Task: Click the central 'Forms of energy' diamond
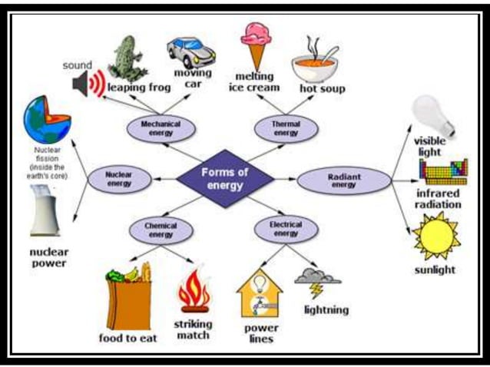[224, 178]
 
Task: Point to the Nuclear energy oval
[118, 179]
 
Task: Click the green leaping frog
[127, 57]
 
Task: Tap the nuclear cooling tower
[46, 210]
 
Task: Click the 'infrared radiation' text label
[437, 199]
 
